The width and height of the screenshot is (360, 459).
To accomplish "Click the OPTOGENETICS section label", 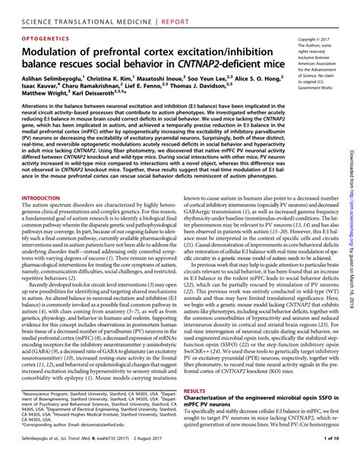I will pos(43,36).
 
